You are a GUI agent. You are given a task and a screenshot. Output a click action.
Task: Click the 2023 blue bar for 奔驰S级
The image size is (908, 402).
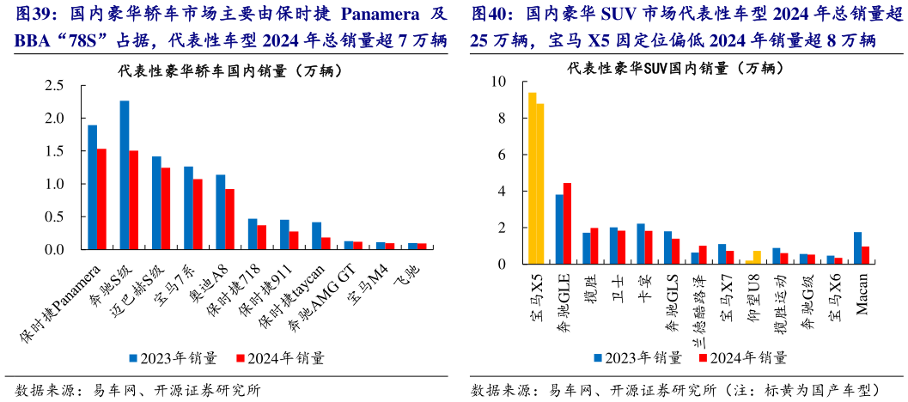125,175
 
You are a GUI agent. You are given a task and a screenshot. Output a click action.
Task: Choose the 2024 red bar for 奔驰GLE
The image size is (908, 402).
567,223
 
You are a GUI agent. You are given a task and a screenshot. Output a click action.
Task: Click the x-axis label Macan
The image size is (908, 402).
862,289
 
